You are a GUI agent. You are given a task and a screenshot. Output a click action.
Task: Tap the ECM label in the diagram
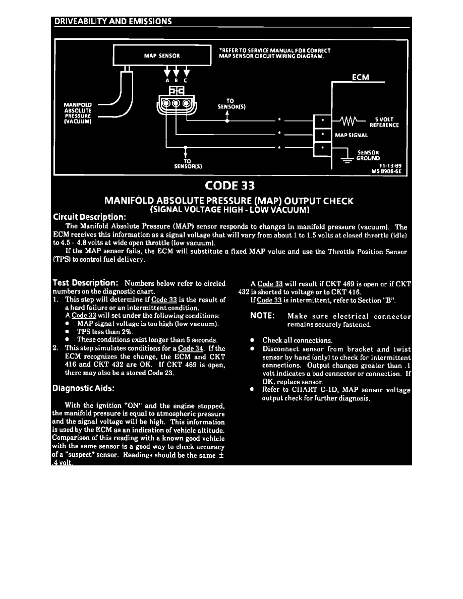(360, 77)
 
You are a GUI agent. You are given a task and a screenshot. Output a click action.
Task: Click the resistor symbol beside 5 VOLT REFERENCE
(349, 122)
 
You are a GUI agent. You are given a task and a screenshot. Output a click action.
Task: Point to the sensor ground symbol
(347, 159)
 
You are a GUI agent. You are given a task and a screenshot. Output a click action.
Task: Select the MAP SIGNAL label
(352, 135)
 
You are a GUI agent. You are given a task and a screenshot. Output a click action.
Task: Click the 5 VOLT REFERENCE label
(384, 122)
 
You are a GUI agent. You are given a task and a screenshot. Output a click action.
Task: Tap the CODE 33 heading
(229, 186)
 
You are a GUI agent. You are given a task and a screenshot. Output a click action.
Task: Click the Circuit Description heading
(89, 217)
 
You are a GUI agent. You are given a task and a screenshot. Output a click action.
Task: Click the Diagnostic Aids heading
(83, 388)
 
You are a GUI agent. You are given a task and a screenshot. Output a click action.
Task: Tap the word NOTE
(262, 316)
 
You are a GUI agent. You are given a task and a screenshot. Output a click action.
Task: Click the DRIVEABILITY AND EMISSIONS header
(113, 21)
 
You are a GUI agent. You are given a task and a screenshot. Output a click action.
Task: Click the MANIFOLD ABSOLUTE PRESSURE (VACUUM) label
(78, 113)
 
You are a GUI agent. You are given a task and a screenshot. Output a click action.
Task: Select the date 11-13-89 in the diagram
(390, 166)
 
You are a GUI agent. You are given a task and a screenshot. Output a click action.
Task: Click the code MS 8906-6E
(386, 171)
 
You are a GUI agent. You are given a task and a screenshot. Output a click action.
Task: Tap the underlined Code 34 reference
(191, 348)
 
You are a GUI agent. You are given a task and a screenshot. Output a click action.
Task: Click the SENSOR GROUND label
(368, 155)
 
